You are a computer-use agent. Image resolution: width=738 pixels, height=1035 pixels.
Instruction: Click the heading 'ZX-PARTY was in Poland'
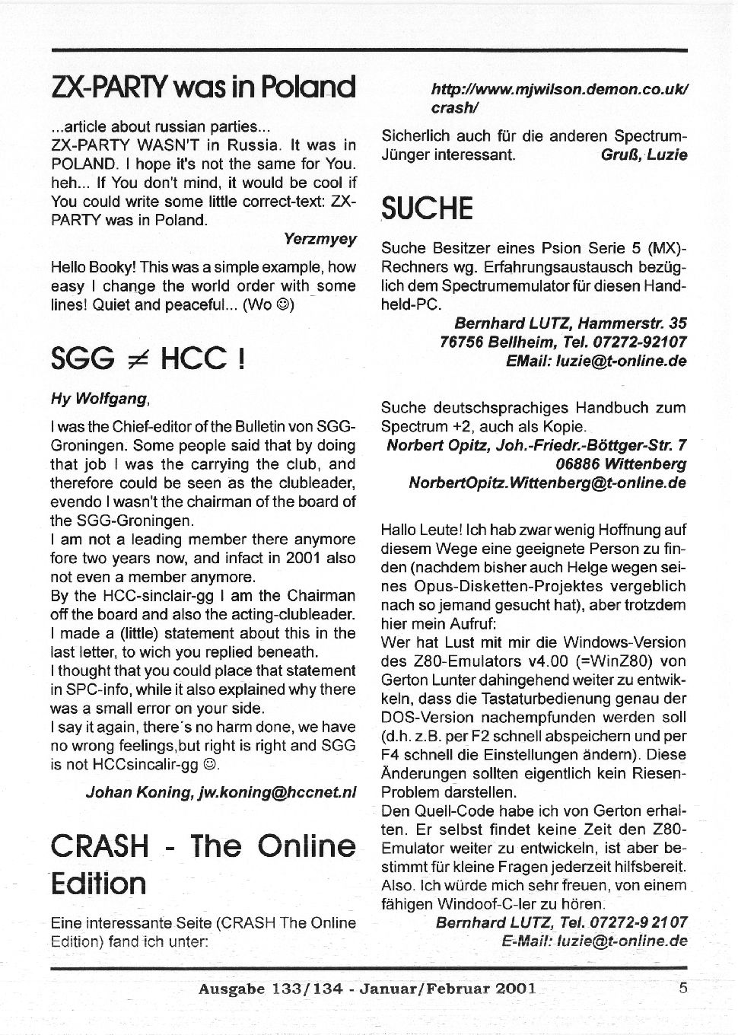tap(202, 87)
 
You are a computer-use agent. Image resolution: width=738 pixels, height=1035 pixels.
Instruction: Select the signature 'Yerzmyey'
tap(320, 239)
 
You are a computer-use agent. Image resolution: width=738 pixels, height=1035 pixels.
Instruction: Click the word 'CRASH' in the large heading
tap(100, 846)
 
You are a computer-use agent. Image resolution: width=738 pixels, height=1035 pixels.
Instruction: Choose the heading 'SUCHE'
tap(427, 209)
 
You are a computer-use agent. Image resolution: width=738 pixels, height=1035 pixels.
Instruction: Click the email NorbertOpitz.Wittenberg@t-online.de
tap(547, 482)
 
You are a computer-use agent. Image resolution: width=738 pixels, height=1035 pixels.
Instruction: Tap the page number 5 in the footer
tap(683, 989)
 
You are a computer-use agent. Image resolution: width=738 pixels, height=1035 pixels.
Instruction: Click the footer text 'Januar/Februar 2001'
tap(448, 989)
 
